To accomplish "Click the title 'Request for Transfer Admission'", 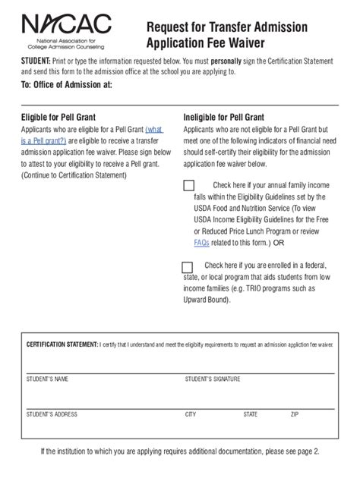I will tap(227, 27).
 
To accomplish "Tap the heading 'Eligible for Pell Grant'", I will tap(65, 118).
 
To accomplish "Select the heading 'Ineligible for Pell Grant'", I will tap(224, 118).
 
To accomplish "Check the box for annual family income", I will tap(189, 185).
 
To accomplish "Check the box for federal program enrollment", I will tap(188, 266).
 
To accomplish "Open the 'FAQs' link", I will tap(201, 243).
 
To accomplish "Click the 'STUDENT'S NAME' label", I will tap(47, 378).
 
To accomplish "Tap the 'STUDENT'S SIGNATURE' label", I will tap(213, 378).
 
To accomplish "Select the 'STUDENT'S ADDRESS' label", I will tap(52, 415).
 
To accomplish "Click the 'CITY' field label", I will tap(191, 415).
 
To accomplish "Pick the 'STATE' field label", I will tap(251, 415).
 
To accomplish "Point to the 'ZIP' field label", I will tap(295, 415).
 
